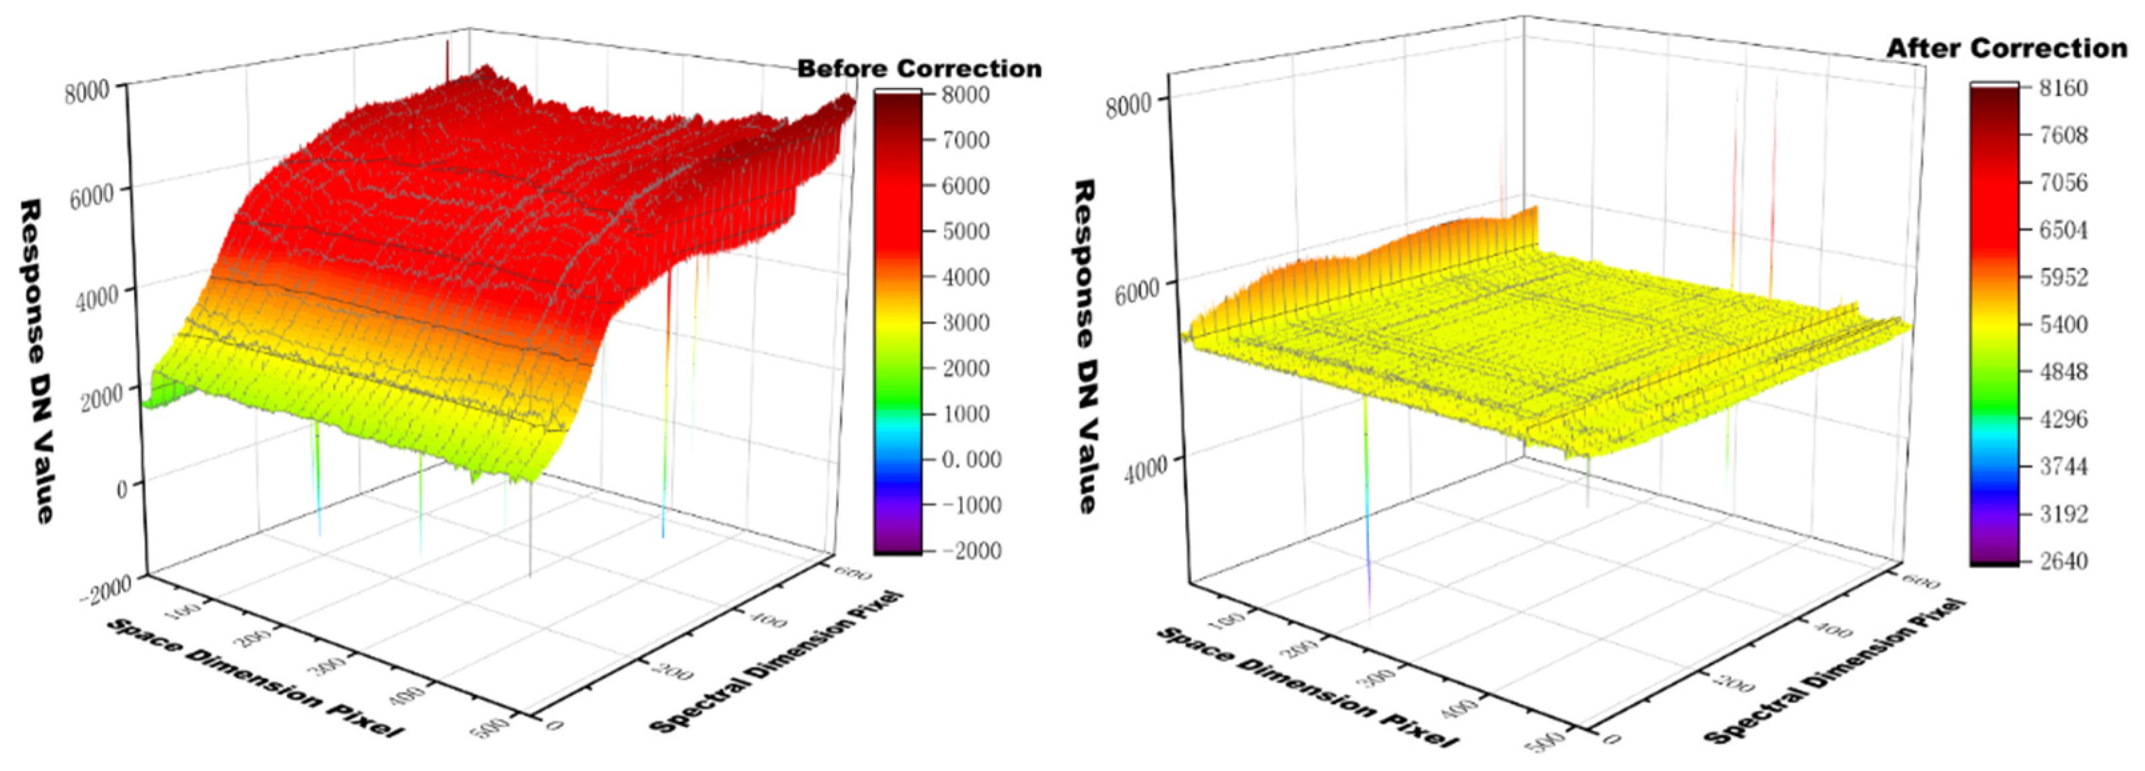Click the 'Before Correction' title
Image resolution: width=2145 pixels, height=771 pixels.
click(x=919, y=68)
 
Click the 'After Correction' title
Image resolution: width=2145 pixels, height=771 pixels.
click(x=2006, y=48)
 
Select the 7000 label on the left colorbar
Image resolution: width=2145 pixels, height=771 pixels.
click(x=966, y=140)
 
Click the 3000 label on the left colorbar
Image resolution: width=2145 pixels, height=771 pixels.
click(x=966, y=323)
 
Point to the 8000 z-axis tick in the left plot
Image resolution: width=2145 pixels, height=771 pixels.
click(x=87, y=91)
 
